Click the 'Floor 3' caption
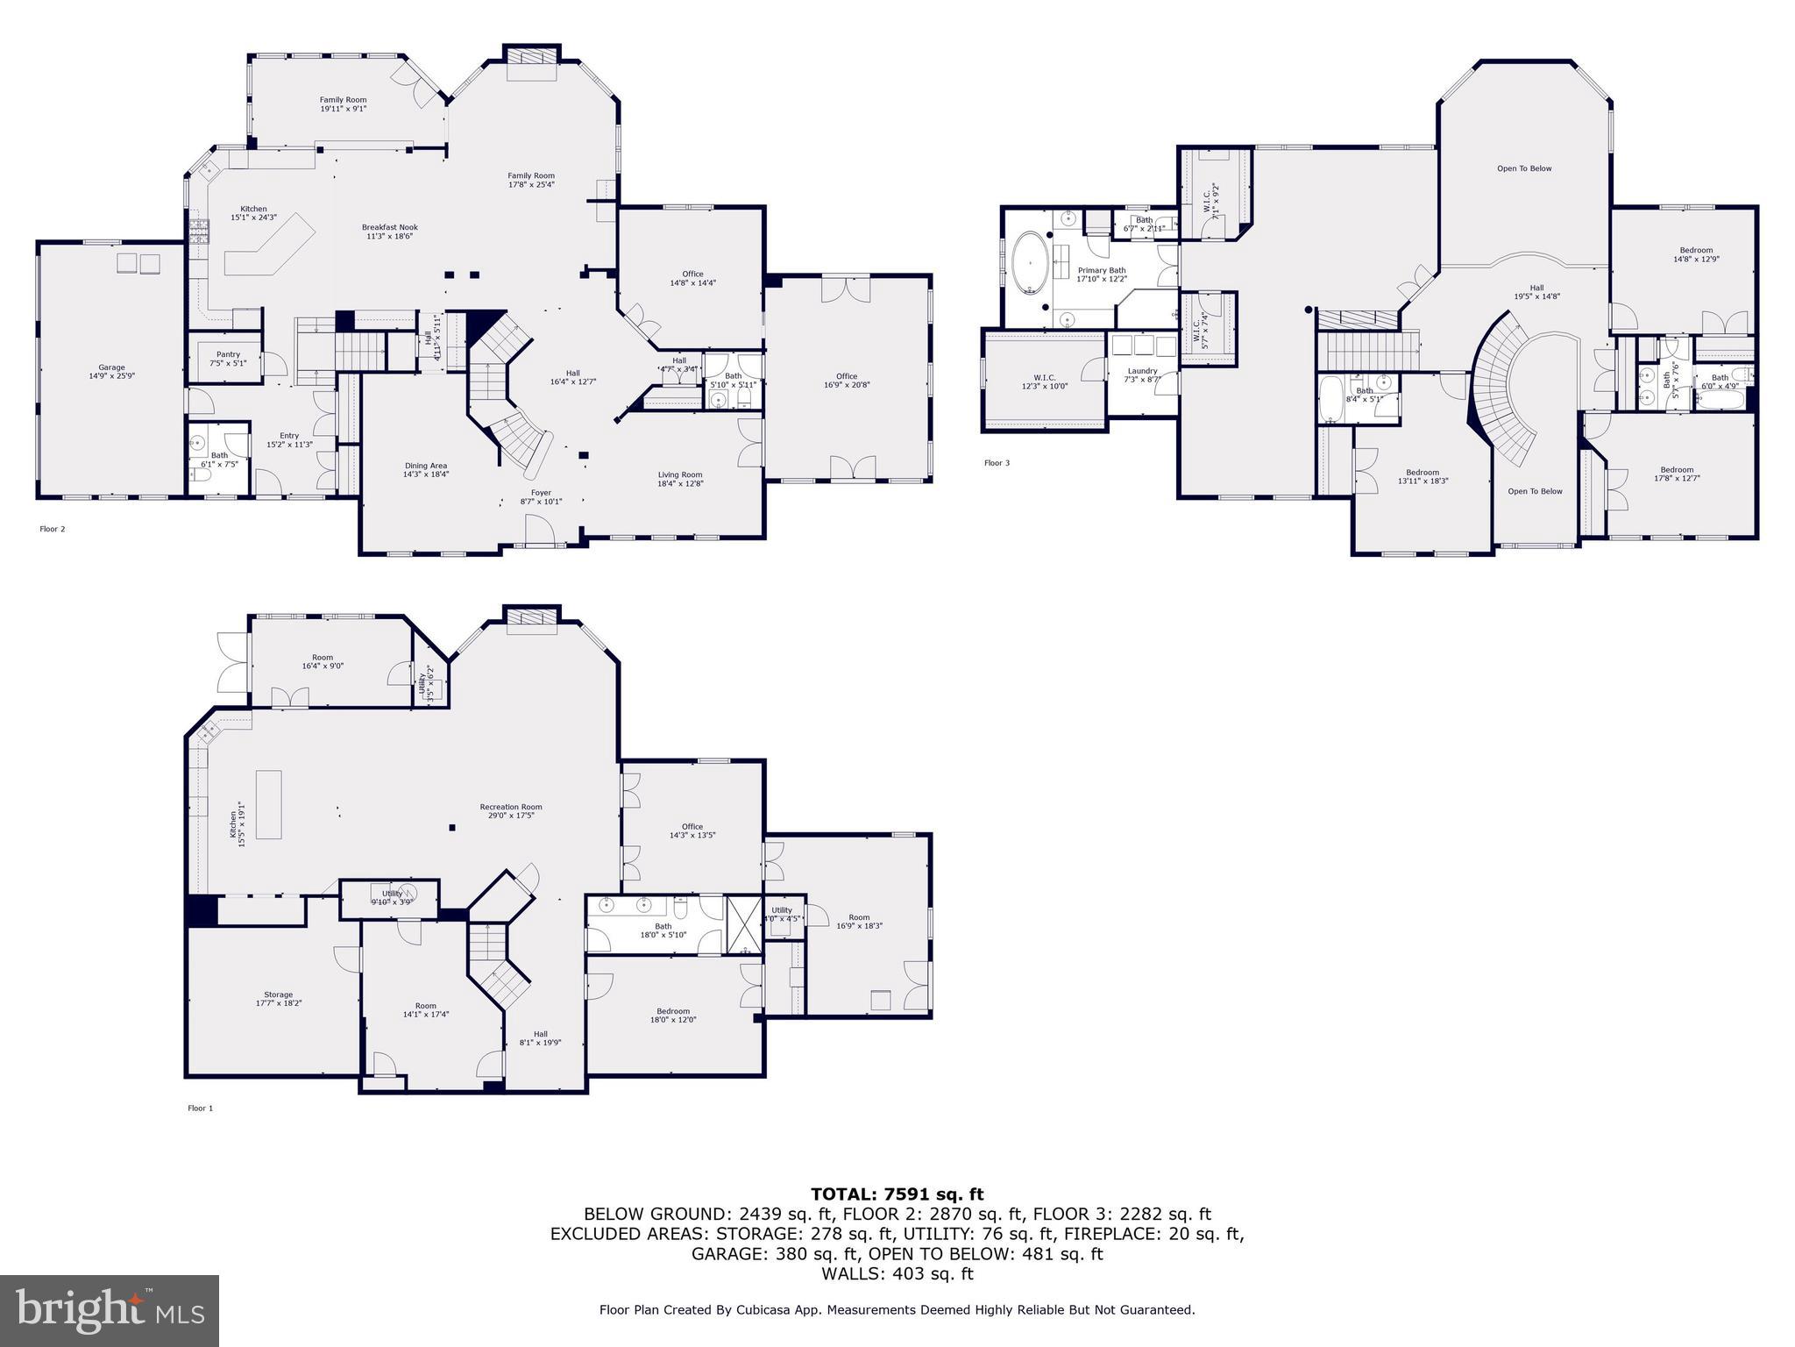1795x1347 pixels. point(997,463)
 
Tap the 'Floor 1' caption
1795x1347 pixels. point(200,1108)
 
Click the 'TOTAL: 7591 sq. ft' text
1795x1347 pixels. point(897,1194)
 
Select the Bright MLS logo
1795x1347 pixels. point(110,1310)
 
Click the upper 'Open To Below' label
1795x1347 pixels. point(1524,168)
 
